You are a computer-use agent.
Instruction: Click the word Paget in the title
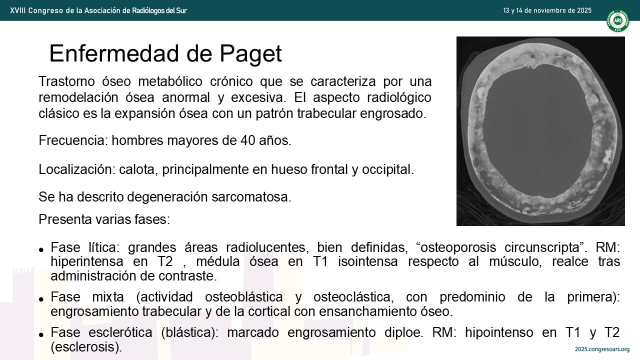[250, 53]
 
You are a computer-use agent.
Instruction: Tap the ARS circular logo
[617, 20]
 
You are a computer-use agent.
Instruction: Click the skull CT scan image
[540, 131]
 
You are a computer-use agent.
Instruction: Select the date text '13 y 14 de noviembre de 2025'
[547, 10]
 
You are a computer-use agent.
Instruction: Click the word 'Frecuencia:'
[73, 140]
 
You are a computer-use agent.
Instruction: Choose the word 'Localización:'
[77, 169]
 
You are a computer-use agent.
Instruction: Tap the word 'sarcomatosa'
[251, 197]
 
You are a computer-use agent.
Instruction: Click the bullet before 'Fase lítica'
[41, 249]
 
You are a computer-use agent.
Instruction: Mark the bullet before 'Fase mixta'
[41, 299]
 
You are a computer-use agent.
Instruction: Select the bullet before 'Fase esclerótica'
[41, 335]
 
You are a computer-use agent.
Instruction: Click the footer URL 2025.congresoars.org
[602, 349]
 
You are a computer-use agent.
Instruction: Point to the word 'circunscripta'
[543, 247]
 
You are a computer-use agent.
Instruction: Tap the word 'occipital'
[387, 169]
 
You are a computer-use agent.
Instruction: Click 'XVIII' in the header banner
[17, 10]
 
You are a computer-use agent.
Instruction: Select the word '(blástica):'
[189, 332]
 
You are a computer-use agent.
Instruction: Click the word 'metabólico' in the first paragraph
[170, 81]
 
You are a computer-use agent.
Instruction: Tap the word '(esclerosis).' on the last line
[86, 347]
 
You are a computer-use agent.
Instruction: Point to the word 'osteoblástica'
[244, 297]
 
